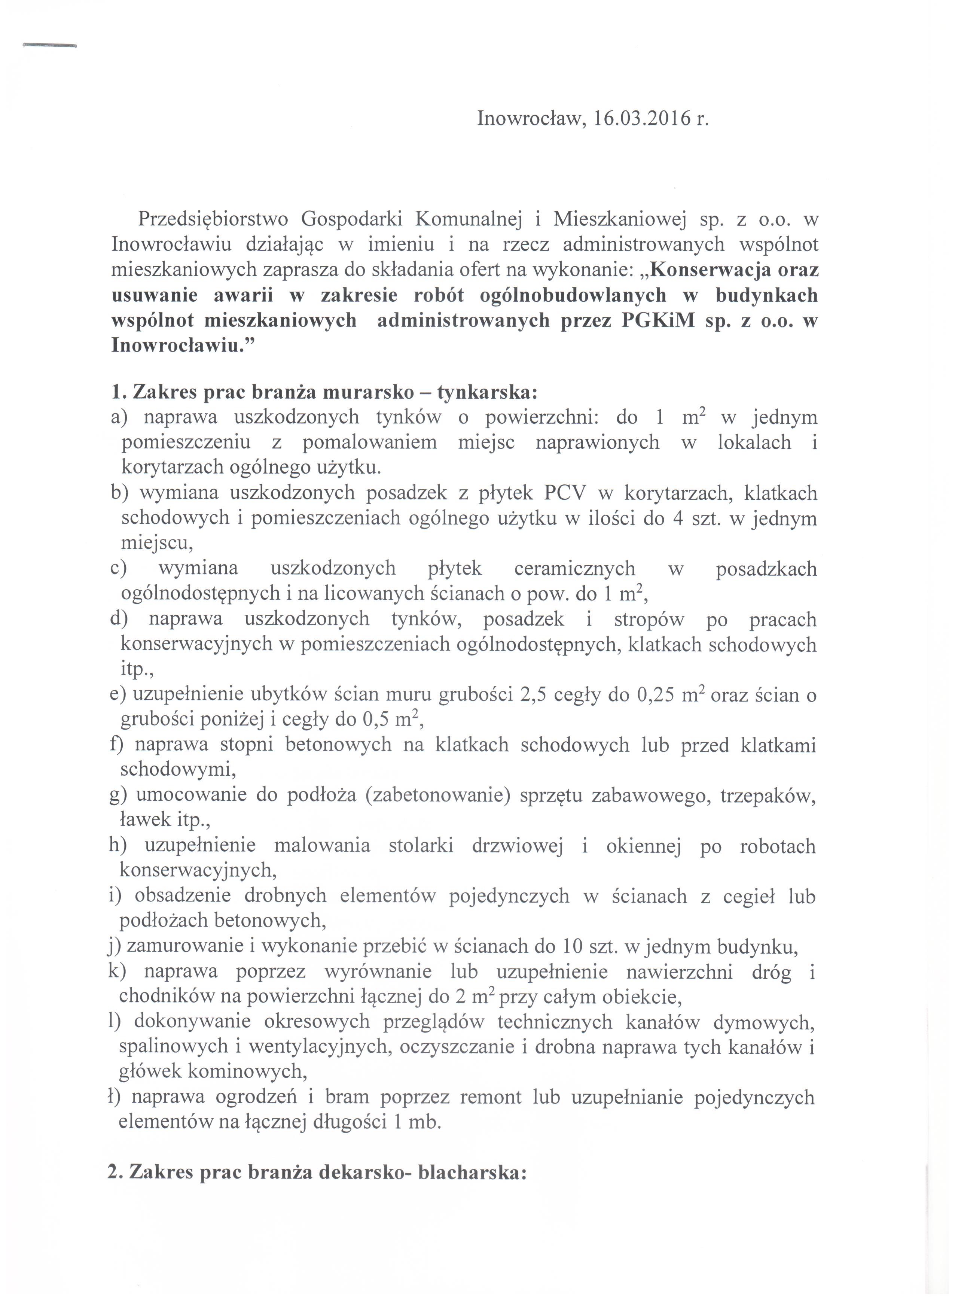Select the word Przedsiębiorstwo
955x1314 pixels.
point(213,220)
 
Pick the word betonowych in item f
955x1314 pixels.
point(338,745)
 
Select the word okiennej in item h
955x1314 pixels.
point(643,846)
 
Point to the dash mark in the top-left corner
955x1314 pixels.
point(49,46)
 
